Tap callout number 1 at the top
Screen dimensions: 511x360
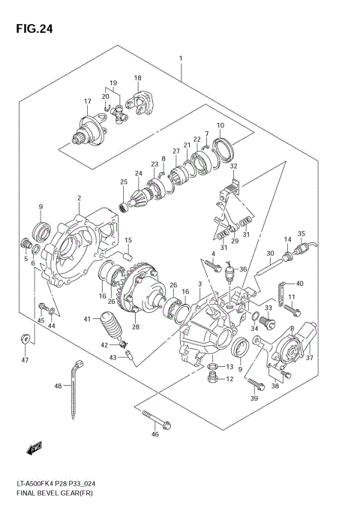pos(181,59)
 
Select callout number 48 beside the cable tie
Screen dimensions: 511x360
pos(58,386)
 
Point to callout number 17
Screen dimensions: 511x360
pos(87,102)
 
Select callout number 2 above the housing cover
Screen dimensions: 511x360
pos(78,199)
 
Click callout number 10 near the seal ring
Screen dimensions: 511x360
pos(220,125)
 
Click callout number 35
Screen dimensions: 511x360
pos(301,233)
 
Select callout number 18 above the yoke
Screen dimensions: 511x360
pos(137,78)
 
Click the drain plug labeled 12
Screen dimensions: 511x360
pos(214,380)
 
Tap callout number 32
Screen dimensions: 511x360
pos(234,167)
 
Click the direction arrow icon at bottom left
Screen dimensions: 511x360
pos(33,449)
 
